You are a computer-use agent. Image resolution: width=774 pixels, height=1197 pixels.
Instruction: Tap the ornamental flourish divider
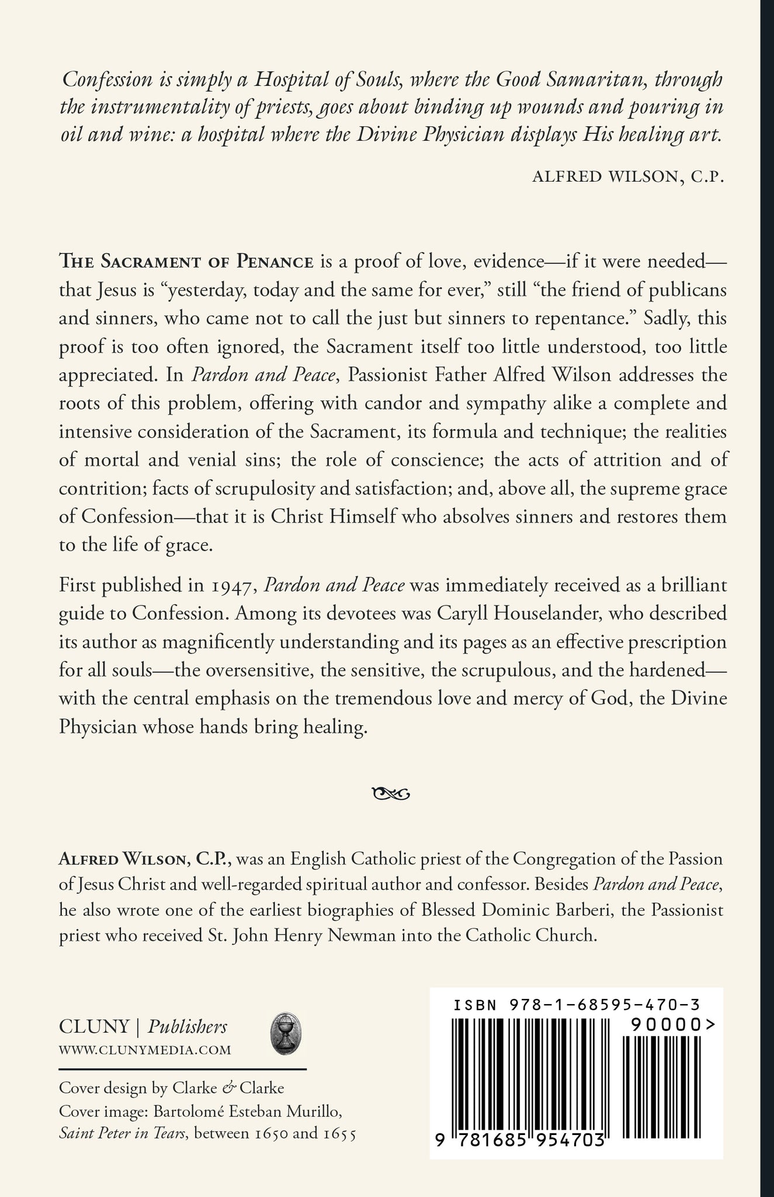coord(387,794)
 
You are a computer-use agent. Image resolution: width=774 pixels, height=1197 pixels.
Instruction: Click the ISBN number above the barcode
coord(577,1005)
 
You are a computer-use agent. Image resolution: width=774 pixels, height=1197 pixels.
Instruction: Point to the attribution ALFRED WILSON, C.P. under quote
coord(629,178)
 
